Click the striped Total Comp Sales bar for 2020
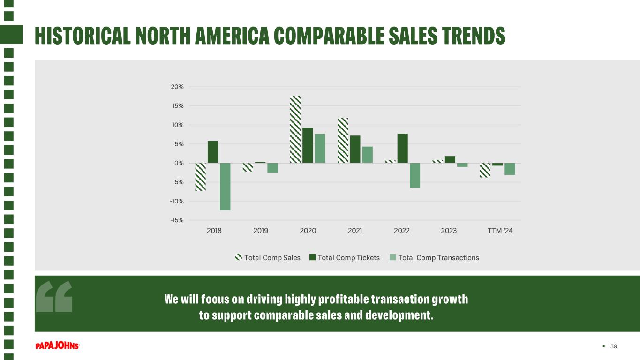pyautogui.click(x=295, y=129)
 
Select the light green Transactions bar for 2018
pyautogui.click(x=225, y=187)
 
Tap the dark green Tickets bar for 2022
pyautogui.click(x=403, y=148)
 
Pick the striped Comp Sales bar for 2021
pyautogui.click(x=343, y=140)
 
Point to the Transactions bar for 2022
pyautogui.click(x=415, y=175)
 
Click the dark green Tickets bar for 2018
pyautogui.click(x=213, y=152)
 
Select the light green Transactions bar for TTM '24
pyautogui.click(x=510, y=169)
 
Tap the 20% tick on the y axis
pyautogui.click(x=177, y=87)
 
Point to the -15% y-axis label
pyautogui.click(x=177, y=220)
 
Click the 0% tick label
pyautogui.click(x=179, y=163)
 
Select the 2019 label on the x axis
pyautogui.click(x=261, y=231)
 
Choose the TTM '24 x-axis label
pyautogui.click(x=500, y=231)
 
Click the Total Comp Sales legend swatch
pyautogui.click(x=239, y=257)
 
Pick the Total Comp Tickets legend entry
pyautogui.click(x=345, y=257)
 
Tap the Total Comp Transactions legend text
pyautogui.click(x=438, y=258)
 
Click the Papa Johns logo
pyautogui.click(x=57, y=345)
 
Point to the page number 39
pyautogui.click(x=613, y=346)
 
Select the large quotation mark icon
pyautogui.click(x=54, y=296)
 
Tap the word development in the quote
pyautogui.click(x=399, y=315)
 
